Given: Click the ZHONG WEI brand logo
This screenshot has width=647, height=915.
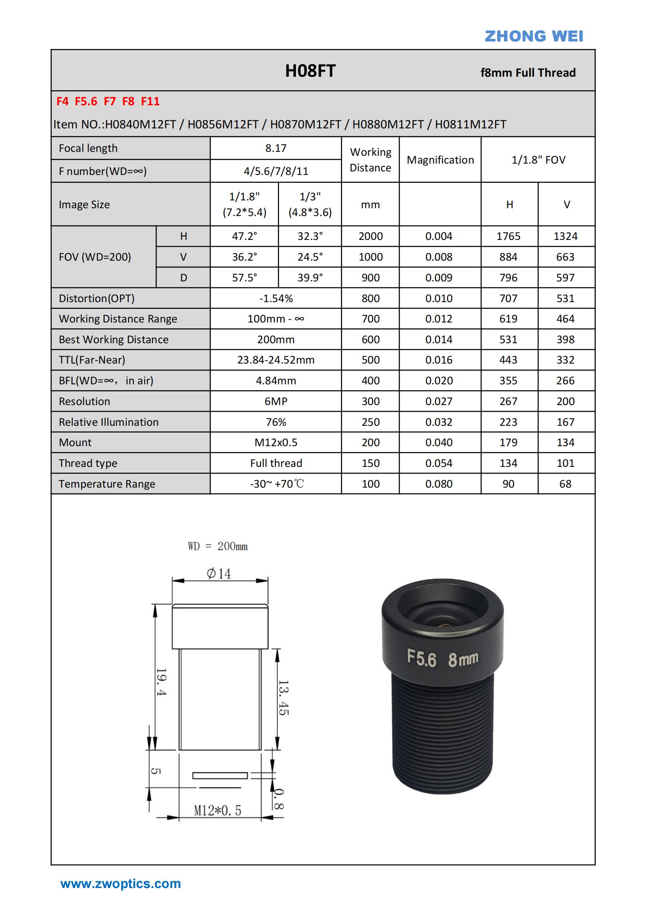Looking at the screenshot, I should pyautogui.click(x=533, y=36).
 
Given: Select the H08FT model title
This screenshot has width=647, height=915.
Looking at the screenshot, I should pyautogui.click(x=310, y=71).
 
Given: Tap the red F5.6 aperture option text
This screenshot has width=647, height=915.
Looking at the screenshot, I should pyautogui.click(x=86, y=101).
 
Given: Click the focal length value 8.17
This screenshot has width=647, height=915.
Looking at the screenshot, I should pyautogui.click(x=276, y=148).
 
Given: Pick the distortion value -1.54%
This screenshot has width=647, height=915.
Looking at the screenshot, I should pyautogui.click(x=276, y=299).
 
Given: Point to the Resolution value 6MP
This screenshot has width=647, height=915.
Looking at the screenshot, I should pyautogui.click(x=276, y=401).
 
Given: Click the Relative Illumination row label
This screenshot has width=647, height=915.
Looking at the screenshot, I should pyautogui.click(x=108, y=422).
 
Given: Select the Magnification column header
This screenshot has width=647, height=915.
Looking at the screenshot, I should pyautogui.click(x=440, y=160).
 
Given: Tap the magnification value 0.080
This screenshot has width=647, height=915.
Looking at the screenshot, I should pyautogui.click(x=438, y=484).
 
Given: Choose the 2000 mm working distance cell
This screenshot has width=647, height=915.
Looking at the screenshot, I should pyautogui.click(x=370, y=236).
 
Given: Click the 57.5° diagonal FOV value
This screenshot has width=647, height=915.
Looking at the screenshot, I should pyautogui.click(x=244, y=278).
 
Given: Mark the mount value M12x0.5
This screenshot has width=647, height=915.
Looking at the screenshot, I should pyautogui.click(x=276, y=442).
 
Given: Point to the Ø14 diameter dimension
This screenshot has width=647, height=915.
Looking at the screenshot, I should pyautogui.click(x=219, y=573).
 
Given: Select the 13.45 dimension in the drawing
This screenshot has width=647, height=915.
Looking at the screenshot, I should pyautogui.click(x=283, y=697).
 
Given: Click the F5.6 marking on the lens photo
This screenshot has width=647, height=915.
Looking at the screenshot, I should pyautogui.click(x=422, y=658).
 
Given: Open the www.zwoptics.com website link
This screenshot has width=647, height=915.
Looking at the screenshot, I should pyautogui.click(x=121, y=884).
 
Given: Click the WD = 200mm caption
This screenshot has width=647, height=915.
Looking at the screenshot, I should pyautogui.click(x=218, y=546).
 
